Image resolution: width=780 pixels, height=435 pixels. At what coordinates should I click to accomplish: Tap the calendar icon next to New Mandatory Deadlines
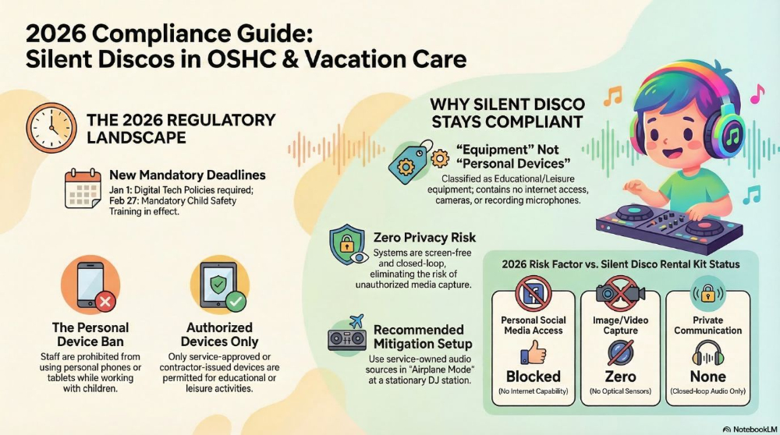[83, 189]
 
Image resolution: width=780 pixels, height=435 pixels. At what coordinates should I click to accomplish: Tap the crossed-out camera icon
[620, 295]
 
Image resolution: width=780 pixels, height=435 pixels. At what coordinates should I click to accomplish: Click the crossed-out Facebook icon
[534, 295]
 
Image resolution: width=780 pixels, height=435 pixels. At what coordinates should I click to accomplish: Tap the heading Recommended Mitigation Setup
[418, 337]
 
